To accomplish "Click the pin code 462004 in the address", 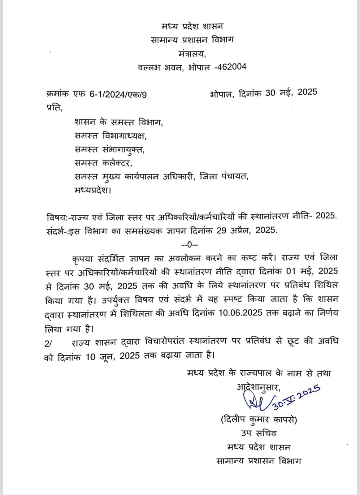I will pyautogui.click(x=231, y=67).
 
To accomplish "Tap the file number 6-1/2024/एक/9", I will pyautogui.click(x=118, y=94).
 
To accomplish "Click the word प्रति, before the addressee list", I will pyautogui.click(x=54, y=108).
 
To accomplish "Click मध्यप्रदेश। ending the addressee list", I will pyautogui.click(x=93, y=190).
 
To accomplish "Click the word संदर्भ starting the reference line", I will pyautogui.click(x=55, y=230).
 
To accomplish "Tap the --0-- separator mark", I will pyautogui.click(x=189, y=245).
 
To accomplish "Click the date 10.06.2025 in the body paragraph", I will pyautogui.click(x=241, y=313).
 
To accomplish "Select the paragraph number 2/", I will pyautogui.click(x=49, y=343).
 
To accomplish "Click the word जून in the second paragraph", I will pyautogui.click(x=107, y=356).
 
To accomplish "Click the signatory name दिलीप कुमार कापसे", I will pyautogui.click(x=259, y=420).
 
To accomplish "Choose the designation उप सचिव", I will pyautogui.click(x=258, y=433).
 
